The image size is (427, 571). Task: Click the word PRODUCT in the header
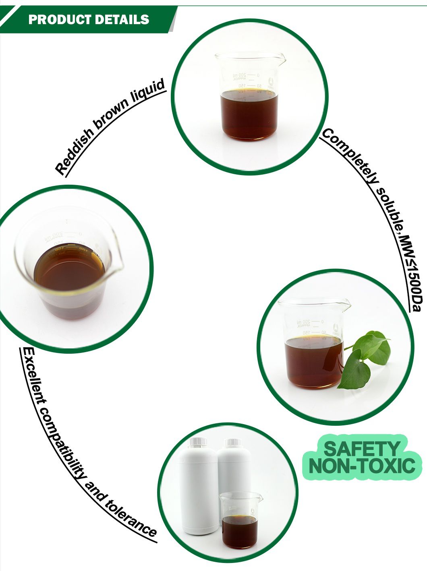[56, 19]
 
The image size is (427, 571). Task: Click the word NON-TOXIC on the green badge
[362, 466]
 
